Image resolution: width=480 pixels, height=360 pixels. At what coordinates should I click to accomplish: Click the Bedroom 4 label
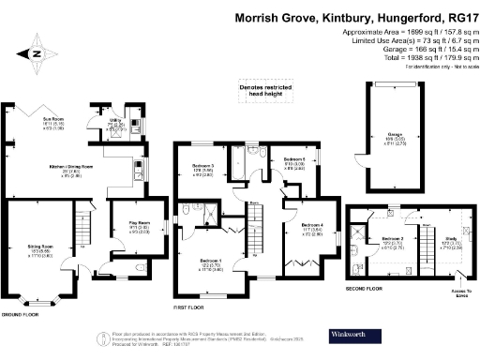point(312,225)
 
